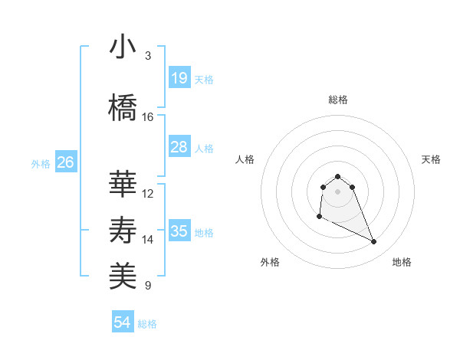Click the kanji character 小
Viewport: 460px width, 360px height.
click(x=123, y=47)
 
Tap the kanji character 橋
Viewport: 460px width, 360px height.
click(x=123, y=108)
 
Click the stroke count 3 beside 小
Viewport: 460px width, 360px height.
click(x=147, y=56)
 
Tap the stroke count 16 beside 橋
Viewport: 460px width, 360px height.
click(x=147, y=117)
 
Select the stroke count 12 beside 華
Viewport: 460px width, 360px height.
click(x=148, y=194)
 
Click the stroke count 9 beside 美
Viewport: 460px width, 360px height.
click(x=147, y=286)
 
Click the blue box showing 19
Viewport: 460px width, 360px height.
click(x=179, y=77)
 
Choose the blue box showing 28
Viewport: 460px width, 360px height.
click(x=179, y=147)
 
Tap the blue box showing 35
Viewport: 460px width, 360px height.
click(x=179, y=231)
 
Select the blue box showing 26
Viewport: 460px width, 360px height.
click(x=65, y=162)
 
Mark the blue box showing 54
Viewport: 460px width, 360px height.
click(x=123, y=322)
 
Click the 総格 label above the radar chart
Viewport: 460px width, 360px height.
click(x=337, y=100)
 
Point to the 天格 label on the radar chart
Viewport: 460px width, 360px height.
click(x=431, y=159)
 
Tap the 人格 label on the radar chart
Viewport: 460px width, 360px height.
click(x=245, y=159)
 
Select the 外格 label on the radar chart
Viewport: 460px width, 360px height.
click(x=270, y=262)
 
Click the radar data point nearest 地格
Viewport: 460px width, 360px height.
click(x=374, y=242)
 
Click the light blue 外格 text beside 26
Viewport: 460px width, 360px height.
click(x=41, y=163)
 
